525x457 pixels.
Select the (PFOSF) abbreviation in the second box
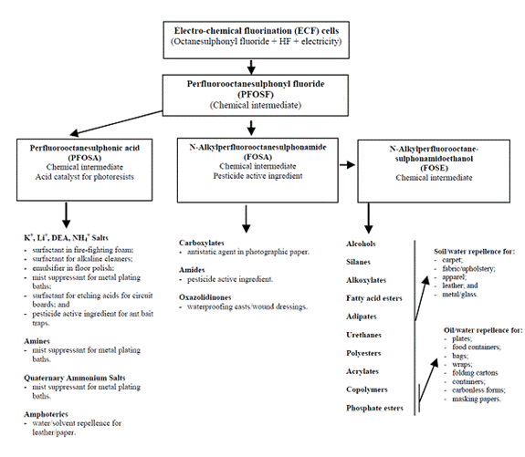pos(256,94)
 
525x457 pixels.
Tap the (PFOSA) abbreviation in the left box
pos(84,158)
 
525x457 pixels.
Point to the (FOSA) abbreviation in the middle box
pos(257,157)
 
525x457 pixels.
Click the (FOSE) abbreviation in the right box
pos(434,168)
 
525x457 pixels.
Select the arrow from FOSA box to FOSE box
pos(347,164)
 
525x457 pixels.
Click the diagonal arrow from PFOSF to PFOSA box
pos(116,123)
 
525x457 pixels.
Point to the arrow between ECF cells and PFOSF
pos(251,67)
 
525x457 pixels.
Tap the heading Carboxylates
pos(202,243)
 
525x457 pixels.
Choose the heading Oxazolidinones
pos(205,297)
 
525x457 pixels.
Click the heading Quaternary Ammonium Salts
pos(74,378)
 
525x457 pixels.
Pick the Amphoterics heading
pos(46,414)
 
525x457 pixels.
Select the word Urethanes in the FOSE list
pos(363,335)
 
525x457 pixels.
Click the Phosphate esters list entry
pos(374,408)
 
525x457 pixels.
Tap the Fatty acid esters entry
pos(374,298)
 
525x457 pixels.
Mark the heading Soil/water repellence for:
pos(475,251)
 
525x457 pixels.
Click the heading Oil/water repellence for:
pos(483,330)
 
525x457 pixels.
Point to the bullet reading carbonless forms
pos(478,390)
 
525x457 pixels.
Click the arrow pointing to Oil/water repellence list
pos(428,380)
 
